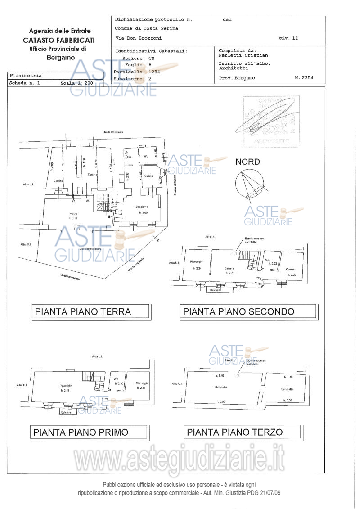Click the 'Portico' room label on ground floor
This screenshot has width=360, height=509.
click(x=73, y=214)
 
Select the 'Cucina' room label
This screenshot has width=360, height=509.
click(x=148, y=176)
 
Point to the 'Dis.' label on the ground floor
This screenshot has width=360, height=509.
click(x=129, y=157)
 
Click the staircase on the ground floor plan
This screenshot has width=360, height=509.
click(x=104, y=203)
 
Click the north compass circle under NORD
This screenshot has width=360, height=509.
click(x=248, y=184)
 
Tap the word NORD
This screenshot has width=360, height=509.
click(x=247, y=162)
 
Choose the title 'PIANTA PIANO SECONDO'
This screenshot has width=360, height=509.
click(x=238, y=311)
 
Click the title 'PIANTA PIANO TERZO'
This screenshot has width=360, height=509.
click(x=234, y=432)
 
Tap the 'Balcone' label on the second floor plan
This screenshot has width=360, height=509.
click(x=216, y=291)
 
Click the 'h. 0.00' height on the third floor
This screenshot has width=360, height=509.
click(x=220, y=401)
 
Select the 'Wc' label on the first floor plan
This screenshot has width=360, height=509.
click(x=116, y=378)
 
